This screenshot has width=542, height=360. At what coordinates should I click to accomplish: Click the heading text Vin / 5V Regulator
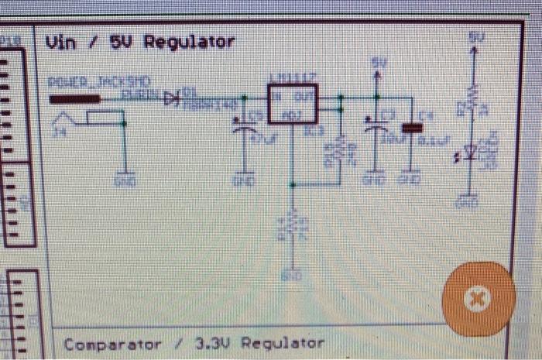(x=140, y=42)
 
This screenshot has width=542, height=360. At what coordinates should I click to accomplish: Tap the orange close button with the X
(x=477, y=298)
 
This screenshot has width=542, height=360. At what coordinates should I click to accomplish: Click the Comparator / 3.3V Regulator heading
(x=194, y=343)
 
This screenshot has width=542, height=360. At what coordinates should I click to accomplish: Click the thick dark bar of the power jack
(x=75, y=98)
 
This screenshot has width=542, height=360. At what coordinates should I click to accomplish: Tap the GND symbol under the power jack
(x=123, y=180)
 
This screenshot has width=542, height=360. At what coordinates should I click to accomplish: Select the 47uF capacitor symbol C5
(x=246, y=130)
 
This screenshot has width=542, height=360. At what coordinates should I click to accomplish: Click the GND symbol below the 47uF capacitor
(x=246, y=180)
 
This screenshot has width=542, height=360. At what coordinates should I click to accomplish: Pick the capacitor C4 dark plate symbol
(x=410, y=127)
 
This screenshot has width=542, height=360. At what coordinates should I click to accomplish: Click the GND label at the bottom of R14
(x=292, y=274)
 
